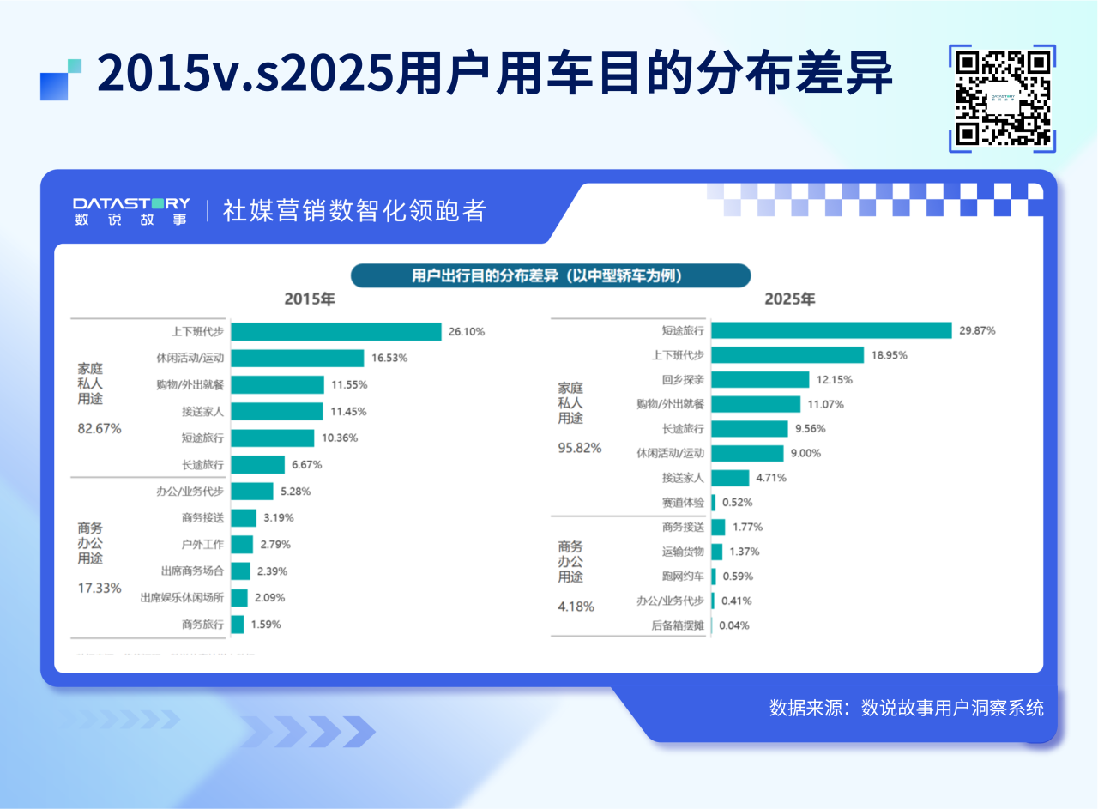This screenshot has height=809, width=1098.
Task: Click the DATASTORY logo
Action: pyautogui.click(x=131, y=210)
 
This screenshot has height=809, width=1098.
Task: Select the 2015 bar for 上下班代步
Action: pyautogui.click(x=335, y=331)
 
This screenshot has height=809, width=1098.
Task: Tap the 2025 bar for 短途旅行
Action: pyautogui.click(x=831, y=330)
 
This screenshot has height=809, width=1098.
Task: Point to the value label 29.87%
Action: pyautogui.click(x=977, y=330)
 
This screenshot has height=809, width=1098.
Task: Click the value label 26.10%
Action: pyautogui.click(x=466, y=331)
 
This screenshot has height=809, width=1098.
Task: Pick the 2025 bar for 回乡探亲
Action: pyautogui.click(x=760, y=379)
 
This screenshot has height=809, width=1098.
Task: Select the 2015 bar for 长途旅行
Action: pyautogui.click(x=257, y=464)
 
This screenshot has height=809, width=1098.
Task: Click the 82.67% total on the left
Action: pyautogui.click(x=100, y=428)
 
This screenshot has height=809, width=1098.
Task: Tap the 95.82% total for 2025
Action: pyautogui.click(x=580, y=447)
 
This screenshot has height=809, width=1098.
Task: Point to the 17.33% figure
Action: pyautogui.click(x=100, y=588)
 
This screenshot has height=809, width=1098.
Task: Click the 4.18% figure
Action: pyautogui.click(x=576, y=606)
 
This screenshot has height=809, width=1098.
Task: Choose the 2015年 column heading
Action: pyautogui.click(x=310, y=299)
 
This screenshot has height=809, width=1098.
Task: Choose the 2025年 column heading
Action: pyautogui.click(x=789, y=299)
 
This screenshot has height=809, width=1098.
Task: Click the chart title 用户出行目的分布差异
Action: pyautogui.click(x=550, y=275)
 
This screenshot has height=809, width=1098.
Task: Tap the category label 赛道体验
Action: pyautogui.click(x=683, y=502)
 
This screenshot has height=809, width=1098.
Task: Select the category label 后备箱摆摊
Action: pyautogui.click(x=678, y=625)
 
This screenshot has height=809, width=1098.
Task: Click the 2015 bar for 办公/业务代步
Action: pyautogui.click(x=252, y=491)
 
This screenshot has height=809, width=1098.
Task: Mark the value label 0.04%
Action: pyautogui.click(x=733, y=625)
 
